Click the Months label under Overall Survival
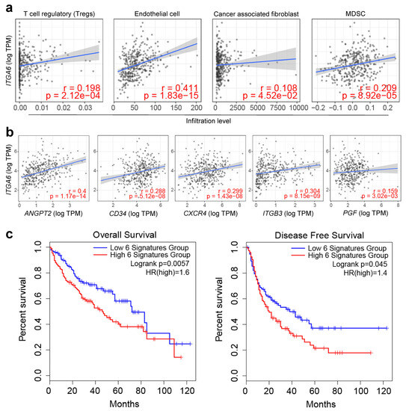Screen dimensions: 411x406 (x=122, y=404)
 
